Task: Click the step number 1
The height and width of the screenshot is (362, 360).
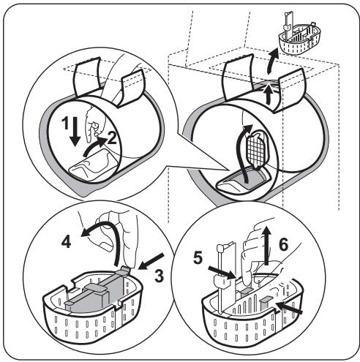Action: pyautogui.click(x=65, y=123)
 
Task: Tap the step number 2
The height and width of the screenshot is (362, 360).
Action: pyautogui.click(x=112, y=138)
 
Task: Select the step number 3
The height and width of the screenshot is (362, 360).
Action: pyautogui.click(x=159, y=276)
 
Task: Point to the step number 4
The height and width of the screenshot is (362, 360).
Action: pyautogui.click(x=66, y=242)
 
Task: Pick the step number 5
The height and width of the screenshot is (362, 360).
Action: pyautogui.click(x=198, y=257)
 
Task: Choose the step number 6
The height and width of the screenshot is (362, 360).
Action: pyautogui.click(x=283, y=244)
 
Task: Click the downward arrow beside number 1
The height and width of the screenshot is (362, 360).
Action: pyautogui.click(x=75, y=132)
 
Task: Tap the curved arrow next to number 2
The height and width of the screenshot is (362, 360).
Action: pyautogui.click(x=94, y=146)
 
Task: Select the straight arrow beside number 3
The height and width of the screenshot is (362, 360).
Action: pyautogui.click(x=151, y=261)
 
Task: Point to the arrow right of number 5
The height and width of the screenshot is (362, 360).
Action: pyautogui.click(x=222, y=273)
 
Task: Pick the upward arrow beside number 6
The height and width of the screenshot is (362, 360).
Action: pyautogui.click(x=267, y=245)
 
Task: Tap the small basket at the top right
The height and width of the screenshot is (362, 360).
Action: pyautogui.click(x=299, y=37)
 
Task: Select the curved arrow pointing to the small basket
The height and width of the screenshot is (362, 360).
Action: pyautogui.click(x=271, y=61)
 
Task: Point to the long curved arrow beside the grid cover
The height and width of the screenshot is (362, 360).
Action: pyautogui.click(x=244, y=154)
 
